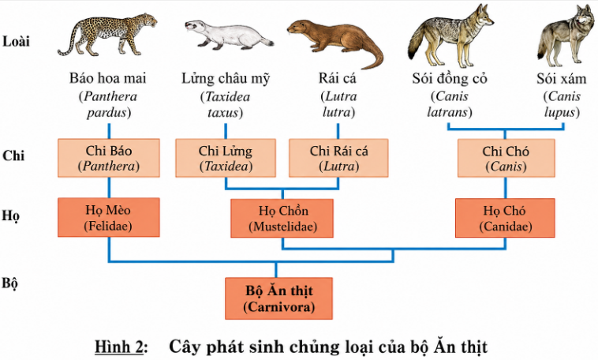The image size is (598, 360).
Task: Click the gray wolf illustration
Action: point(566,36)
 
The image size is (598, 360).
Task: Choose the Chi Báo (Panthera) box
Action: point(109,158)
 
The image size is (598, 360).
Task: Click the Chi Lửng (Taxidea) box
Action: point(226,158)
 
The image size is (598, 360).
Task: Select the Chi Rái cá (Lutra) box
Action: point(338,158)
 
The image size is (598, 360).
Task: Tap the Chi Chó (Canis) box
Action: point(506,158)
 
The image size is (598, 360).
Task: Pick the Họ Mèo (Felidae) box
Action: point(109,217)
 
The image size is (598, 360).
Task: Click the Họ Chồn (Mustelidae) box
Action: point(282,218)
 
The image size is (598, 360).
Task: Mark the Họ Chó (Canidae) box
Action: point(506,218)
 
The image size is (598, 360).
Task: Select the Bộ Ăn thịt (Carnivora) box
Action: point(278,298)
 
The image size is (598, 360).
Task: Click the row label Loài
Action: point(16,41)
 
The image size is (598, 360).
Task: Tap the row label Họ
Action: point(11,216)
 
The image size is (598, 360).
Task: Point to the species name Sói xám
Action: point(562,79)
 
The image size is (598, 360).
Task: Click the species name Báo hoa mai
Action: point(108,78)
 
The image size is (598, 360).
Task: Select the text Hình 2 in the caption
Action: point(119,347)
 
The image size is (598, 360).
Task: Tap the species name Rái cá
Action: point(338,78)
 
